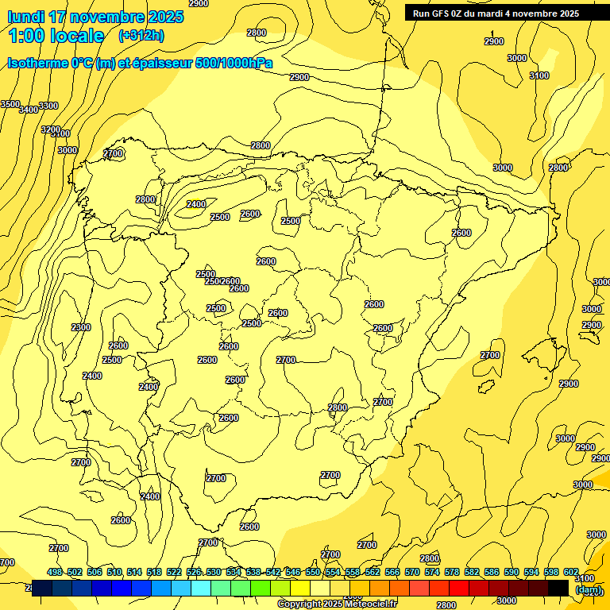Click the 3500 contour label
[10, 104]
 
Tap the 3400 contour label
[29, 110]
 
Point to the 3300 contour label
[48, 106]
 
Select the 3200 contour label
[51, 129]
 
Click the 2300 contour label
[81, 327]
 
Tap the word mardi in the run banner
[504, 13]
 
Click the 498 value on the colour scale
[55, 572]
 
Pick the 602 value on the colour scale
[571, 572]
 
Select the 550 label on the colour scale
[313, 572]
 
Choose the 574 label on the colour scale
[432, 572]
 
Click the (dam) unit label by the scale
[589, 589]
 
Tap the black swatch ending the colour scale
[558, 588]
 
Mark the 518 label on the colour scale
[154, 572]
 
